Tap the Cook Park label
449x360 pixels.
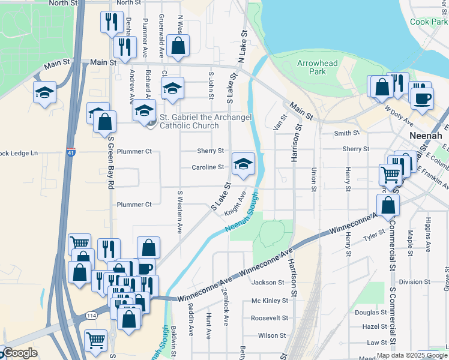tap(429, 22)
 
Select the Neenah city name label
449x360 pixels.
tap(426, 136)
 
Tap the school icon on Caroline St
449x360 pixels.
tap(243, 164)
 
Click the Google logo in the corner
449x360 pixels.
tap(19, 353)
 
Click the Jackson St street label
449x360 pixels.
tap(268, 282)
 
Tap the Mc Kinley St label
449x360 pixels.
tap(267, 301)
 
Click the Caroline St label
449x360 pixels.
tap(208, 167)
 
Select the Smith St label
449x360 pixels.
tap(347, 133)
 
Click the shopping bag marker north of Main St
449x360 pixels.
tap(178, 45)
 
